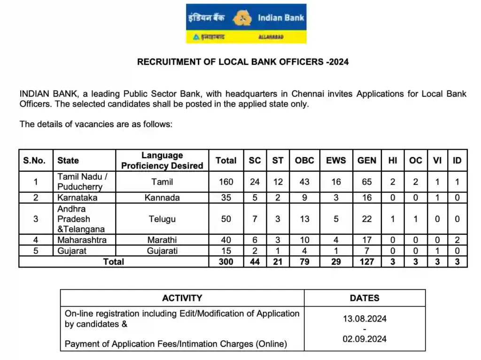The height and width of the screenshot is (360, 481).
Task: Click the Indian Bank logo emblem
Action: pyautogui.click(x=241, y=18)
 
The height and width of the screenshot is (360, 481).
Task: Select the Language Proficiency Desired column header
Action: pyautogui.click(x=162, y=161)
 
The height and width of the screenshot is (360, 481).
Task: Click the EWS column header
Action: pyautogui.click(x=336, y=161)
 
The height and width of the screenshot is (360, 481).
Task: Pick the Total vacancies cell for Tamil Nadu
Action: pyautogui.click(x=226, y=182)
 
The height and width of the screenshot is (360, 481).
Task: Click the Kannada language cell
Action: pyautogui.click(x=162, y=198)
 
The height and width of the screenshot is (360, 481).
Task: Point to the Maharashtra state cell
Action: pyautogui.click(x=82, y=240)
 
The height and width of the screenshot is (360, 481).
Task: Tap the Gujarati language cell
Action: pyautogui.click(x=162, y=251)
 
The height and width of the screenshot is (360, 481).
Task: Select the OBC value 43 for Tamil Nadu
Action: pyautogui.click(x=304, y=182)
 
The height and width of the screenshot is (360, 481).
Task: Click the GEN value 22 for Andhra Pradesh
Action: pyautogui.click(x=367, y=219)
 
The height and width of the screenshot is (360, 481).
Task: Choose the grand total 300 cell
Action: pyautogui.click(x=226, y=261)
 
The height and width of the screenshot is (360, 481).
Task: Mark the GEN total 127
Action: pyautogui.click(x=367, y=261)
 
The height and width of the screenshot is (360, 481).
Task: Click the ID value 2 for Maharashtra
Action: pyautogui.click(x=457, y=240)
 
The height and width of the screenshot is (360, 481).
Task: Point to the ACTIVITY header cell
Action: pyautogui.click(x=182, y=298)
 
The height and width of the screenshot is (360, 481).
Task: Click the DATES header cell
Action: pyautogui.click(x=365, y=298)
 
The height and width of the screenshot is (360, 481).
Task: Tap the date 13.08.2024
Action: pyautogui.click(x=365, y=319)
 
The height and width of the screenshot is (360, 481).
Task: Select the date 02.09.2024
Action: pyautogui.click(x=365, y=338)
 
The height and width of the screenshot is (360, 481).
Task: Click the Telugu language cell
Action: pyautogui.click(x=162, y=219)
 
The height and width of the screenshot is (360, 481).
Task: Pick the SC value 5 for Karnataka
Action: pyautogui.click(x=255, y=198)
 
